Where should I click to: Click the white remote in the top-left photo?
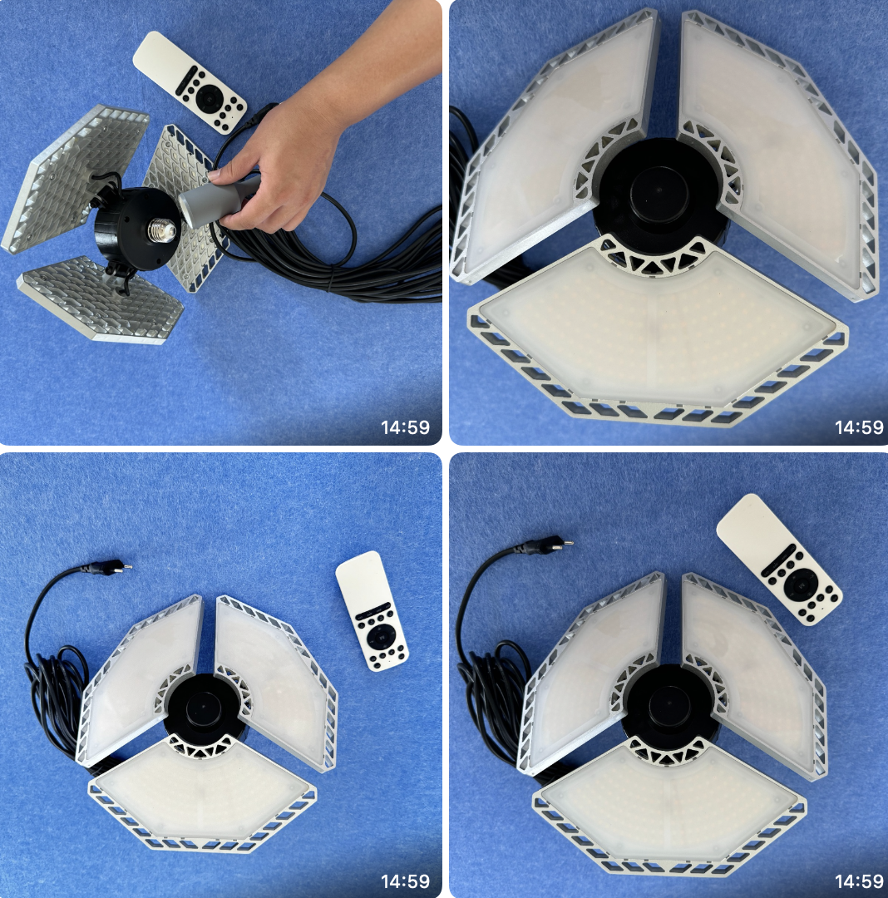tap(190, 82)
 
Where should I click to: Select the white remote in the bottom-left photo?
tap(371, 610)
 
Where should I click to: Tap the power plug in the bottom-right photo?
tap(548, 545)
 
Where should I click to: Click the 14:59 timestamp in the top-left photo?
tap(406, 427)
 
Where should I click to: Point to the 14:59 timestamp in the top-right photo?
tap(859, 427)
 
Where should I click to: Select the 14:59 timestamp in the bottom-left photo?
tap(406, 881)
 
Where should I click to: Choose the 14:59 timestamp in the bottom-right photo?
tap(859, 881)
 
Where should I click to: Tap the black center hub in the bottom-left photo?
tap(201, 708)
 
